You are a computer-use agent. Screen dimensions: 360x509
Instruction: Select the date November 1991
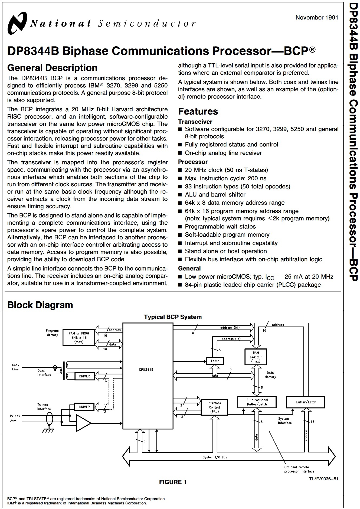317,18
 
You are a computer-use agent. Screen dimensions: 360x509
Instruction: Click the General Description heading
52,68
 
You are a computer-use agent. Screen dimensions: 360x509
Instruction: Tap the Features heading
198,111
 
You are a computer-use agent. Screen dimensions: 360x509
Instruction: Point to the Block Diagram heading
40,305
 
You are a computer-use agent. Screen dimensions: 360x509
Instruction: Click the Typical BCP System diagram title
173,317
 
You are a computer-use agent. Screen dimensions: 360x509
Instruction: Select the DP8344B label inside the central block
146,370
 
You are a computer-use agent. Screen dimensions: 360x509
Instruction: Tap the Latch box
215,361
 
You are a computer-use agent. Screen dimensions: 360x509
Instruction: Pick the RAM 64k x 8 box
256,357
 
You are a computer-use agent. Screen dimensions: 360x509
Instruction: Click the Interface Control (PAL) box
214,407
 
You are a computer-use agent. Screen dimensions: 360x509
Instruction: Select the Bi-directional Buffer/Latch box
257,402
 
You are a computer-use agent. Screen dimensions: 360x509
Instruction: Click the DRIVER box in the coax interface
84,376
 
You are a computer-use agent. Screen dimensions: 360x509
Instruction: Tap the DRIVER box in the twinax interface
84,407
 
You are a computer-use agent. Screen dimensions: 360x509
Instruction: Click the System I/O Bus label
215,457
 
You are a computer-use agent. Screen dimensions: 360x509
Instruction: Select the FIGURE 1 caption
173,482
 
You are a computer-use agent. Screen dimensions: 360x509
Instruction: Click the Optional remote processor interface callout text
299,469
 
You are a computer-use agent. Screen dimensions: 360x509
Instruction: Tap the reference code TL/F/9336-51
324,479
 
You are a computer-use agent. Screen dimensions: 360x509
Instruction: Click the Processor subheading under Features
193,162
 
